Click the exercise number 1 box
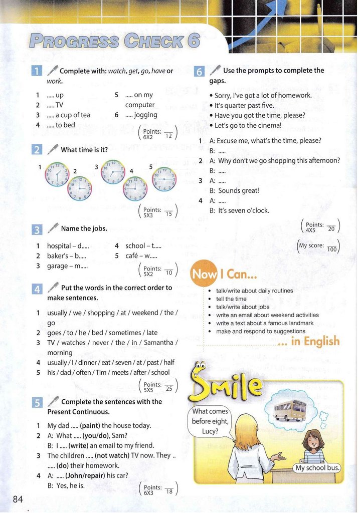point(37,71)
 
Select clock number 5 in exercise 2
point(164,179)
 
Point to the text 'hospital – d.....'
point(68,246)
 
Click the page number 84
point(18,499)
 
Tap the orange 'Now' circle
point(204,275)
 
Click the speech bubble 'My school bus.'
point(317,468)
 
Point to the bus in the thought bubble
point(290,409)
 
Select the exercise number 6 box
point(199,71)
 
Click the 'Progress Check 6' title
point(114,41)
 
